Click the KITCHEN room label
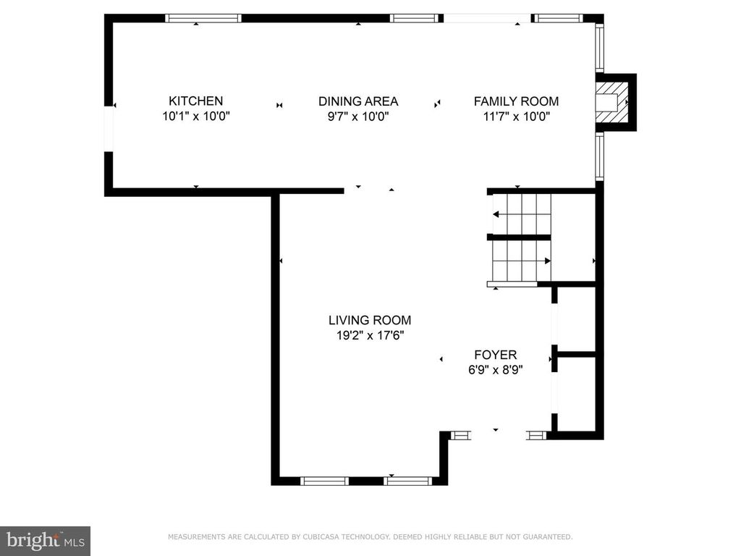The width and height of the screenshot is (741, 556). (x=195, y=101)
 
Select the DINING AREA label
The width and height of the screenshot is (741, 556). (x=359, y=101)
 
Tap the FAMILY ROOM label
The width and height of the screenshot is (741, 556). (x=516, y=101)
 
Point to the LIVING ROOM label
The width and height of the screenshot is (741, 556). (x=370, y=320)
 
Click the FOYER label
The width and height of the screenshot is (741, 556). (x=495, y=355)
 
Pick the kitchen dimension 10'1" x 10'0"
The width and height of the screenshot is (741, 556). (x=195, y=116)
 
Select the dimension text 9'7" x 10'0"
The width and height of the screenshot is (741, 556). (x=359, y=116)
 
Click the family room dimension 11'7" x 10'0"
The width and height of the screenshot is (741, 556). (x=516, y=116)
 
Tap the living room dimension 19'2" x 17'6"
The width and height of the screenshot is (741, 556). (x=370, y=334)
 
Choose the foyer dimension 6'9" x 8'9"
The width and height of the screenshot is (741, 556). (x=495, y=369)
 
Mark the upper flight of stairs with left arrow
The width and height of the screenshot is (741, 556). (x=521, y=214)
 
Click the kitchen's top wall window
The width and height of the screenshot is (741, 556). (x=203, y=18)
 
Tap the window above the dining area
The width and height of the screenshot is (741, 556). (x=415, y=18)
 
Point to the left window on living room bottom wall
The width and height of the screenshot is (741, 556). (x=324, y=481)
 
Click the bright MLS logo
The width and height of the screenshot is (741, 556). (x=45, y=540)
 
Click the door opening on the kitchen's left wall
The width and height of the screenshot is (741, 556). (x=109, y=129)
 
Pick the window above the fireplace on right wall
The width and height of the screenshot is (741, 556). (x=599, y=47)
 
